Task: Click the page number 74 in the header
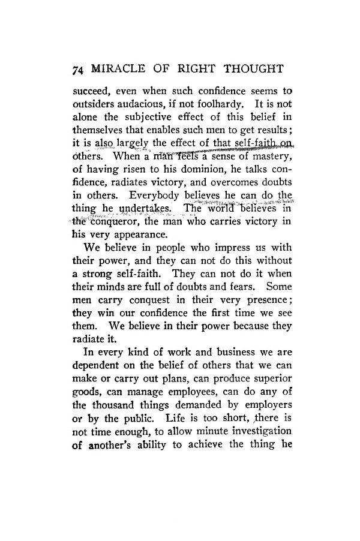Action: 76,70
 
